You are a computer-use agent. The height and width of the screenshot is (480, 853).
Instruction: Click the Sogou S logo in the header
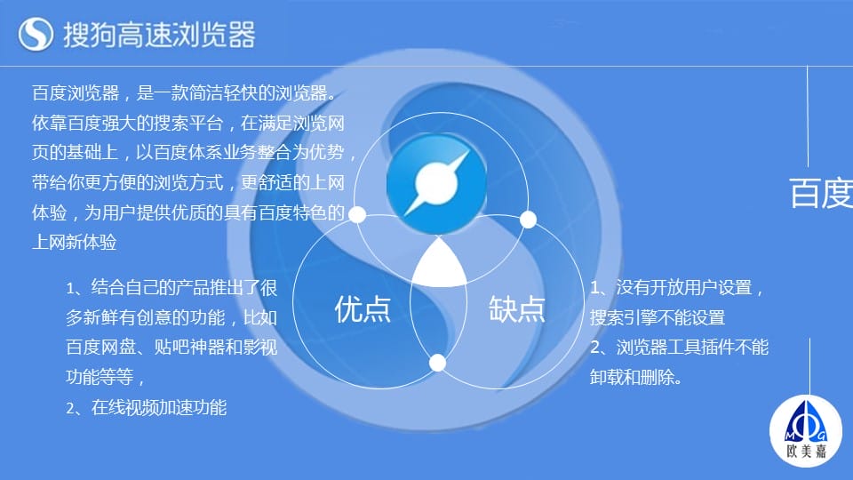[36, 34]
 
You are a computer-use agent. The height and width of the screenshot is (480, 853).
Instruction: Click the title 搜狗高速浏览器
[159, 35]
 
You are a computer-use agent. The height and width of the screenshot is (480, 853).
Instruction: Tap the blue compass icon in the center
[437, 183]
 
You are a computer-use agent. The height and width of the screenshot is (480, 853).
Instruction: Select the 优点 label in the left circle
[363, 309]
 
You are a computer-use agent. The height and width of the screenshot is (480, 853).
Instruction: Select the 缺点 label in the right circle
[516, 309]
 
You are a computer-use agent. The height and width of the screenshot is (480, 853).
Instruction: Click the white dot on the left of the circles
[357, 214]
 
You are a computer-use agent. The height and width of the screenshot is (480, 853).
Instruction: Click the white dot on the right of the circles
[528, 220]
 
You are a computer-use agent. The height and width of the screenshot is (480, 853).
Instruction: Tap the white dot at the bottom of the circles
[437, 363]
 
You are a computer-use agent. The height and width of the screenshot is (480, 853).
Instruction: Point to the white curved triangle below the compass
[439, 265]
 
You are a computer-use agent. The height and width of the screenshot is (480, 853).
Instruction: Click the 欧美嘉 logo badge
[806, 431]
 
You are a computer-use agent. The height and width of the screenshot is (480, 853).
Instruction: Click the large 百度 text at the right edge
[821, 193]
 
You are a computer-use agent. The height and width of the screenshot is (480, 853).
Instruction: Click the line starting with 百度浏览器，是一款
[185, 93]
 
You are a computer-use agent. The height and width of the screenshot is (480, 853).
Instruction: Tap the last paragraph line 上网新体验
[74, 242]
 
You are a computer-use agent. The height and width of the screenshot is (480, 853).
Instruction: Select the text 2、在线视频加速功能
[146, 407]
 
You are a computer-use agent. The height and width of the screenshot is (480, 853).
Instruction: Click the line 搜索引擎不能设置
[658, 317]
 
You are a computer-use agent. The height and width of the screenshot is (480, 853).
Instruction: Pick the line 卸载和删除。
[636, 377]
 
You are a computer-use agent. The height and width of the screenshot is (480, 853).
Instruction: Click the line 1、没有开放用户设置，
[677, 287]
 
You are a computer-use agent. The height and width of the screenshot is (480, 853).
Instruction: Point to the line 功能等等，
[105, 377]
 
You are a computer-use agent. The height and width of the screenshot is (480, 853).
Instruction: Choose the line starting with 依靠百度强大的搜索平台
[188, 123]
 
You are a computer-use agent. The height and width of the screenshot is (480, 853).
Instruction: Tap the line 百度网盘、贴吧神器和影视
[171, 347]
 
